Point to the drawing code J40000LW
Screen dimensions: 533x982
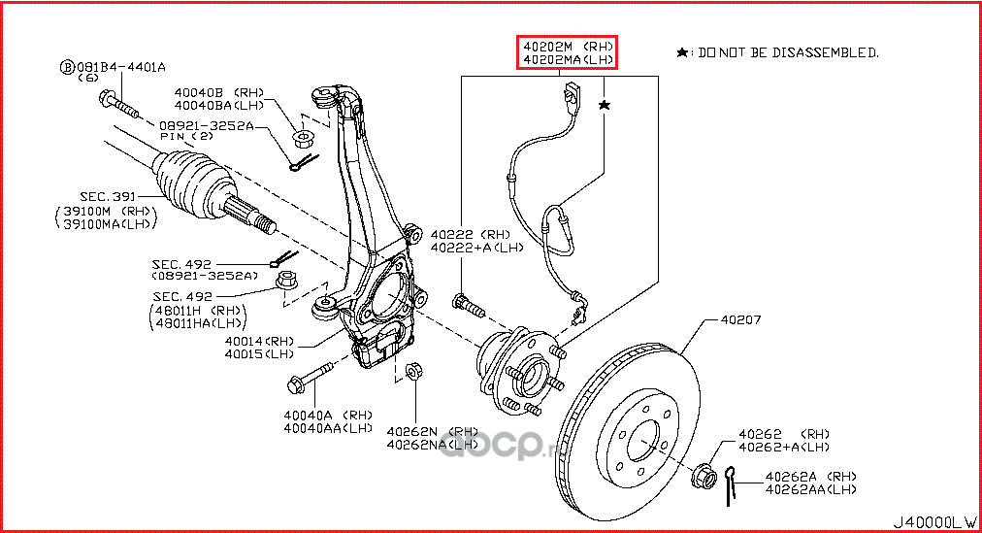[933, 520]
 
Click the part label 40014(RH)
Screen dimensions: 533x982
[259, 342]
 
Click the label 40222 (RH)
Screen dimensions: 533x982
[470, 234]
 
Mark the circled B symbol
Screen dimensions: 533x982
[67, 67]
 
